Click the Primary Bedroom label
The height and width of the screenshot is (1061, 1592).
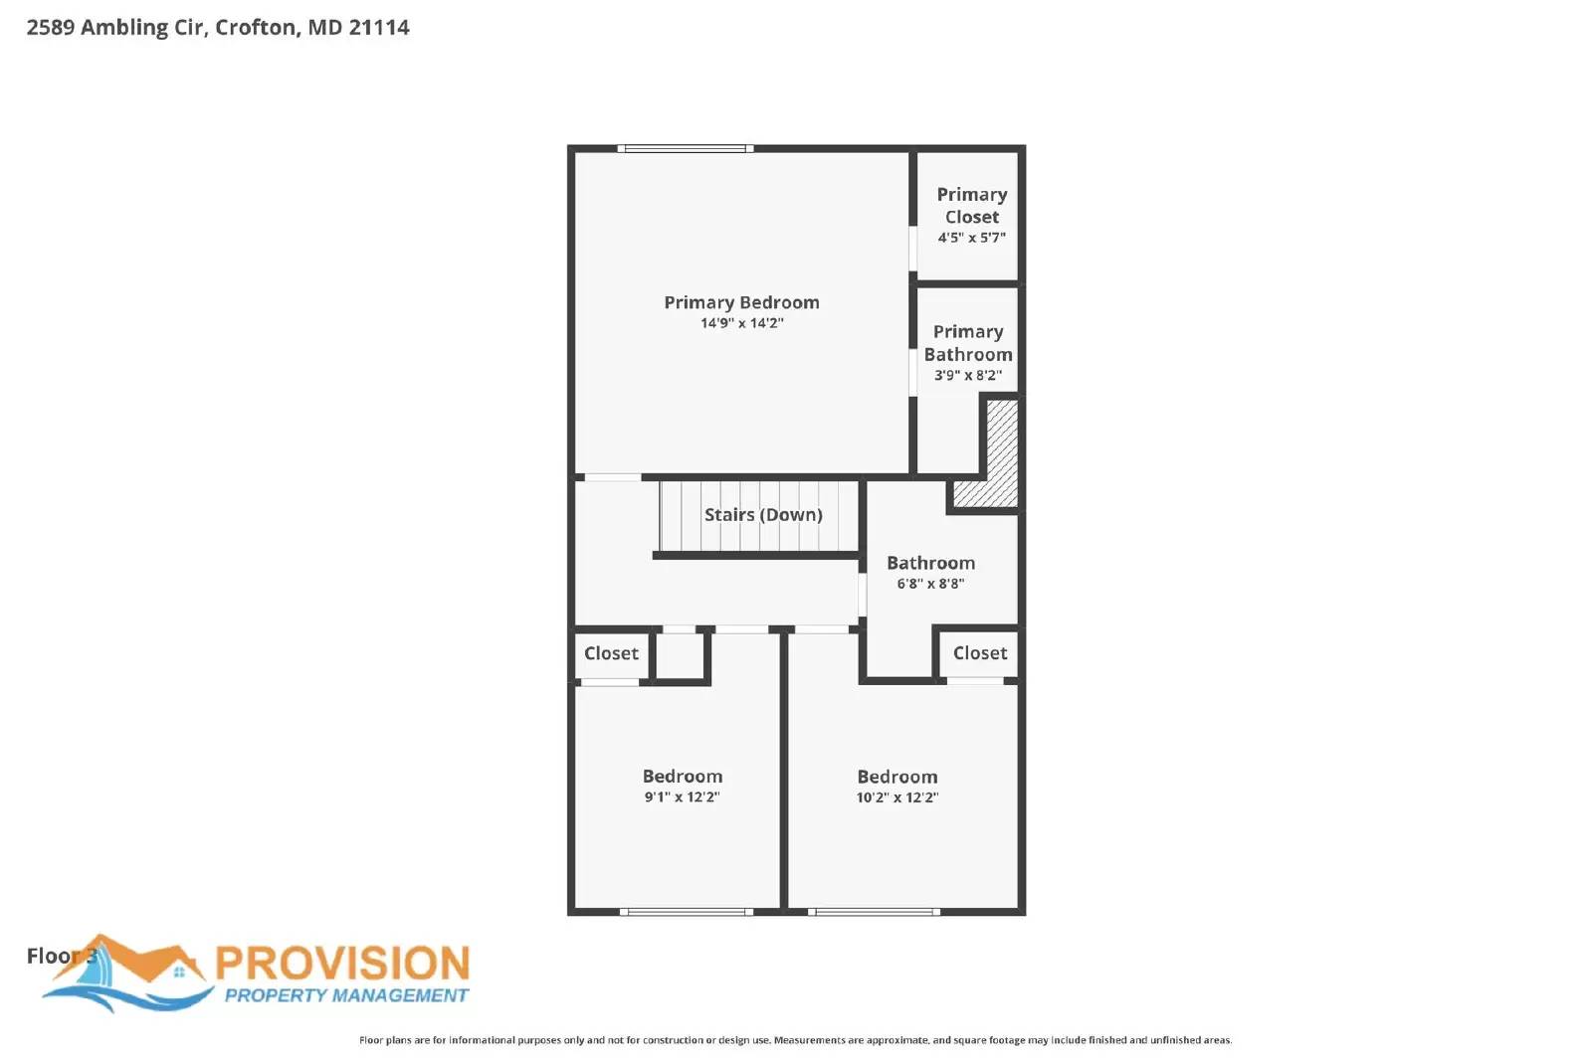point(741,302)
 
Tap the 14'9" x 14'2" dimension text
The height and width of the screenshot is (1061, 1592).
point(741,323)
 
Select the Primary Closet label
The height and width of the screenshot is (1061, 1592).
point(971,206)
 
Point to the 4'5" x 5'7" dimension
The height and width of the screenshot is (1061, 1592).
point(971,238)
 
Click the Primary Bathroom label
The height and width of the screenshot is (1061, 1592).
point(968,343)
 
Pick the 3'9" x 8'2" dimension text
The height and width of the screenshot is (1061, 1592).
point(967,376)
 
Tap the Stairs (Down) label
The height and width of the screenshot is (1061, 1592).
point(763,515)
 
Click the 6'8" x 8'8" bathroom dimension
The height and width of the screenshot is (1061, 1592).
point(930,584)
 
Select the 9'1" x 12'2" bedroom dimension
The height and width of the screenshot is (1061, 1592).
point(682,797)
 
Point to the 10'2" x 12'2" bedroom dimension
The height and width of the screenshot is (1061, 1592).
point(896,797)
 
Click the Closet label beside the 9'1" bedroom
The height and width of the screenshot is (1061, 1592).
point(611,653)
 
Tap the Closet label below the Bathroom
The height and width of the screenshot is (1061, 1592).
point(980,653)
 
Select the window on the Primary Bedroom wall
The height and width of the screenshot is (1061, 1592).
point(685,149)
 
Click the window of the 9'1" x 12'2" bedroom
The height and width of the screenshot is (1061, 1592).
point(686,911)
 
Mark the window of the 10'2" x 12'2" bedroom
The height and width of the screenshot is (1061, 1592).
point(874,911)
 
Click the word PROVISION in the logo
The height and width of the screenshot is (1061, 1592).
point(342,964)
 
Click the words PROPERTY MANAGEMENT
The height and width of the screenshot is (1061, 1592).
point(345,995)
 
